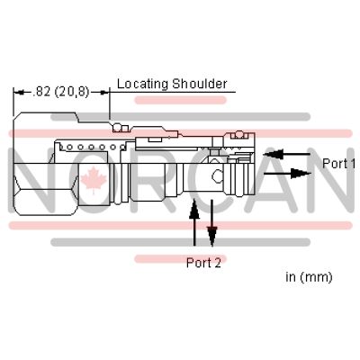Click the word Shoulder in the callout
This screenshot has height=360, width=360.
[x=200, y=84]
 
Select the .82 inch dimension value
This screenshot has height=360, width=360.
[x=41, y=92]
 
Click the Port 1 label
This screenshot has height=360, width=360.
[x=339, y=164]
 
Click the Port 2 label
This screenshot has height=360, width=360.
[x=203, y=263]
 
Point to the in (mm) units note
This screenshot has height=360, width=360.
[x=309, y=276]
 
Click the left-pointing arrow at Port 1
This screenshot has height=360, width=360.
[x=286, y=154]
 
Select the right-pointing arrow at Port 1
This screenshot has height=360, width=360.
[x=287, y=173]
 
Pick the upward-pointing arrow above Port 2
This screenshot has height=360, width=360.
[x=194, y=222]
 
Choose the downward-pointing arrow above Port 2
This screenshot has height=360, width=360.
[x=211, y=223]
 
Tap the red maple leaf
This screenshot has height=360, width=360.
[x=94, y=181]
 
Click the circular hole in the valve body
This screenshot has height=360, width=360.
[x=217, y=175]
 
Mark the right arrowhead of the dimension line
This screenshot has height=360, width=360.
[x=103, y=93]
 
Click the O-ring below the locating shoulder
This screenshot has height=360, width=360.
[x=117, y=128]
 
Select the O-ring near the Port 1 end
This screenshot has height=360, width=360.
[x=238, y=135]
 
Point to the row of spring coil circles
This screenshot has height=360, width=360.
[x=93, y=147]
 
